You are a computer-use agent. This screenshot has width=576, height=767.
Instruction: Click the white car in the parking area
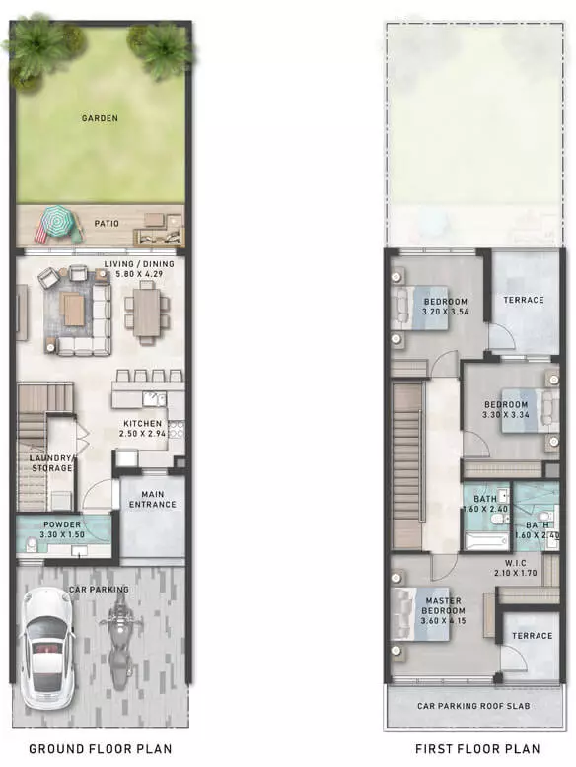pos(47,648)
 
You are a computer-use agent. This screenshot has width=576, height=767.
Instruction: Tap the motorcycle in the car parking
pos(120,644)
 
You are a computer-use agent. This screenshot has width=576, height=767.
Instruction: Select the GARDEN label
pos(100,118)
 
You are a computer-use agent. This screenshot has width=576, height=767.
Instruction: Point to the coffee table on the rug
pos(74,310)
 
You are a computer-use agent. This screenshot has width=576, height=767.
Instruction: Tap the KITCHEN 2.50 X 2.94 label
pos(142,429)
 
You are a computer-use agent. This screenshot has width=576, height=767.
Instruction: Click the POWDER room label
pos(62,529)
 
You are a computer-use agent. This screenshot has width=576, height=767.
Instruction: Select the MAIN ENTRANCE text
pos(153,500)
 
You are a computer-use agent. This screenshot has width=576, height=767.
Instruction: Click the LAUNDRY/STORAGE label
pos(52,463)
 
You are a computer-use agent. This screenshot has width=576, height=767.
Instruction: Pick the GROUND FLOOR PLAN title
pos(101,749)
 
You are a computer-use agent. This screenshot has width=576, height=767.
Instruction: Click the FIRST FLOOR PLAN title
pos(477,749)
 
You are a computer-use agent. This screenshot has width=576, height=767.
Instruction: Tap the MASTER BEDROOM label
pos(444,610)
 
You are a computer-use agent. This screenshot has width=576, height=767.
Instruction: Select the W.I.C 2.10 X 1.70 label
pos(515,568)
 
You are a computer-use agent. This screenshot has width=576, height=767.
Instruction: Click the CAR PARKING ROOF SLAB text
pos(473,706)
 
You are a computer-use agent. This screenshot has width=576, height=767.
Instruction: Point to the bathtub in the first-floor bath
pos(486,541)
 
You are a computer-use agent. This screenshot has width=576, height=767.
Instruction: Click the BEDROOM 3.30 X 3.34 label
pos(506,410)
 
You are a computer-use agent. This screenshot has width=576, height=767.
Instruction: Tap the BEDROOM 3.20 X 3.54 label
pos(446,307)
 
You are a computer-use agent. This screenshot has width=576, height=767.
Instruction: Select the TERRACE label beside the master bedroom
pos(532,636)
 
